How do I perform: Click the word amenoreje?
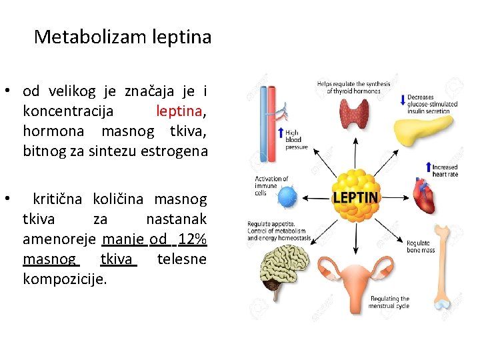coord(59,239)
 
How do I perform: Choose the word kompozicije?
coord(64,279)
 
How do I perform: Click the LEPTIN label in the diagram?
coord(355,197)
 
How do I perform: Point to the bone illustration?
coord(441,274)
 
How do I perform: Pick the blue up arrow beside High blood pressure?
coord(281,133)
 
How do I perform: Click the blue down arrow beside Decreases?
coord(402,101)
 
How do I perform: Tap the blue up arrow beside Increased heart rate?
coord(428,166)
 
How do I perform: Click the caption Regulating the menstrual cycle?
coord(389,302)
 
